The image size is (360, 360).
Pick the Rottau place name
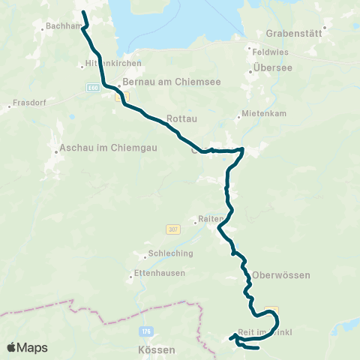(181, 118)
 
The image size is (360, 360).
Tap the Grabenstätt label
(294, 34)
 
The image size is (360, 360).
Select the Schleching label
(171, 253)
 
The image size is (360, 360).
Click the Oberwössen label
(281, 275)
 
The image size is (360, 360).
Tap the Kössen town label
(157, 350)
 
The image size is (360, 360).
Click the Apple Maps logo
(28, 347)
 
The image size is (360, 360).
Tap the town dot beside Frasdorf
(9, 106)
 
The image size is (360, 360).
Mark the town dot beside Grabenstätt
(325, 28)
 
